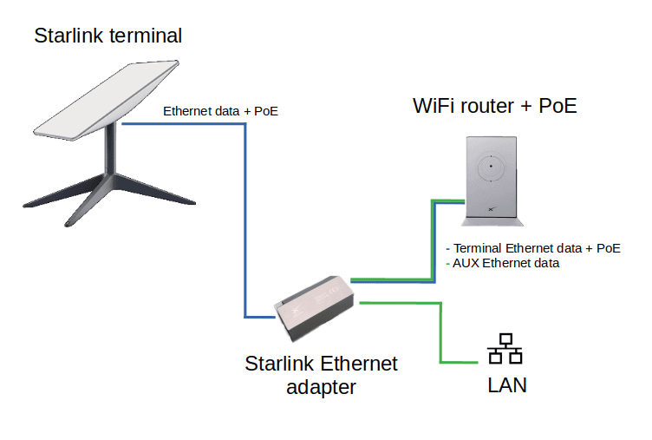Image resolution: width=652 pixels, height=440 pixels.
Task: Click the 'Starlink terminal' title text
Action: click(x=108, y=36)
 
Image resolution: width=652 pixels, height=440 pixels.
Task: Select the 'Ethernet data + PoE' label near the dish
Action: click(x=220, y=111)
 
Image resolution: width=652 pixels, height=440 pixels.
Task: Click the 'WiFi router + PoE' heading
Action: click(x=494, y=107)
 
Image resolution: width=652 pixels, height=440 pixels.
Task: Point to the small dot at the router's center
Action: click(x=491, y=166)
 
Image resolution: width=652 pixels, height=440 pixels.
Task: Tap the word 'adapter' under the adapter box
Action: click(x=321, y=387)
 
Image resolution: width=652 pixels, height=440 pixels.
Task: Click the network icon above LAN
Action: click(x=505, y=350)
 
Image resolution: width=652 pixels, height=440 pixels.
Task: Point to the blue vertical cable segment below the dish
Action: click(x=246, y=217)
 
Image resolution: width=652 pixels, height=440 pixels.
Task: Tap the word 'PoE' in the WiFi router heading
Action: click(x=557, y=107)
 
